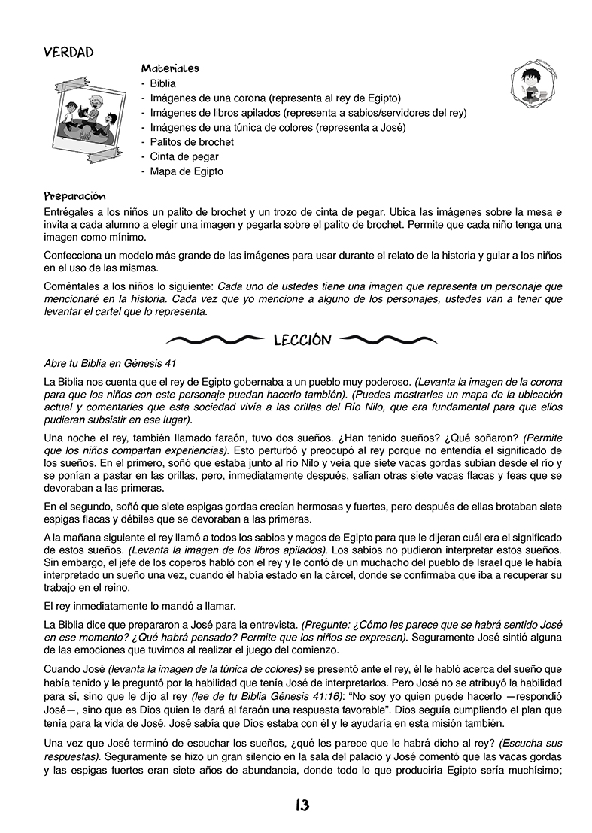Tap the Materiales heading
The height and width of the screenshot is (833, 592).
(x=169, y=68)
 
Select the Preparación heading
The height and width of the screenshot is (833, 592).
(x=74, y=196)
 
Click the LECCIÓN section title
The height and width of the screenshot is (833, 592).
(x=303, y=341)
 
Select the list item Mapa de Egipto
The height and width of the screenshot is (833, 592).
(x=187, y=171)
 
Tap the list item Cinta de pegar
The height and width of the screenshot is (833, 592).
(x=184, y=156)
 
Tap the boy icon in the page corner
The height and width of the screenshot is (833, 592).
(x=533, y=81)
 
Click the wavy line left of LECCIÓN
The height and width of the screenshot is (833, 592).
(x=217, y=341)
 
